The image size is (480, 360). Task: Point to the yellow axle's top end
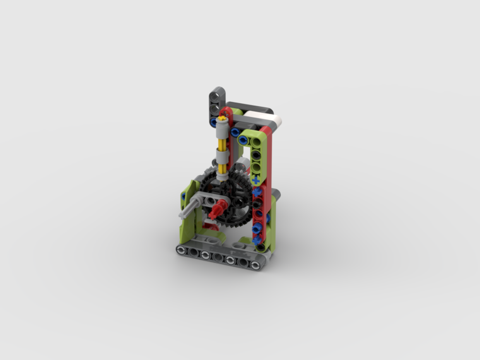[222, 117]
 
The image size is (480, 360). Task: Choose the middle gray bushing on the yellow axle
[222, 156]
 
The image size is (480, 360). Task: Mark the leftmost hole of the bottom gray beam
[182, 250]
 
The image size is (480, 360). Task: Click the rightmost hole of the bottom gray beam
[255, 264]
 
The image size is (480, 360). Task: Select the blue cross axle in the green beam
[256, 180]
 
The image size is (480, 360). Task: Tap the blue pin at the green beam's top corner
[243, 140]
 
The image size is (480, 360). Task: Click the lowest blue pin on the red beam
[257, 239]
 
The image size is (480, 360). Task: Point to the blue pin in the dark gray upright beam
[214, 122]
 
